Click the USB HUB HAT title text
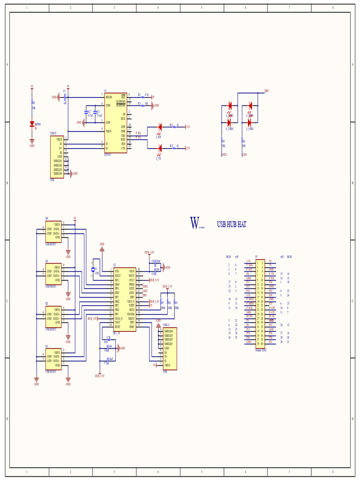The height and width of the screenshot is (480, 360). tap(232, 225)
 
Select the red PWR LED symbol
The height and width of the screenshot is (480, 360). tap(32, 124)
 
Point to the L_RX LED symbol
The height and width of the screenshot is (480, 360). tap(159, 127)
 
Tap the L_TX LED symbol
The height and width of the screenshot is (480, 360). tap(159, 148)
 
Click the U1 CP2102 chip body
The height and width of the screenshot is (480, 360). tap(115, 122)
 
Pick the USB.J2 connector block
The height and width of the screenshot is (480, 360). tap(57, 157)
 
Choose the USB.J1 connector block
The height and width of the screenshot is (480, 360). tap(170, 348)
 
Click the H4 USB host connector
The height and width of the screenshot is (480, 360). tap(53, 231)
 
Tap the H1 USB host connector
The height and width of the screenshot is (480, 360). tap(53, 359)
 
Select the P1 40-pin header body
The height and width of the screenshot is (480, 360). tap(260, 303)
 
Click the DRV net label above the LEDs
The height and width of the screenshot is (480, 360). tap(266, 91)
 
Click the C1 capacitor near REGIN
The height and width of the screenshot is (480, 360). tap(64, 97)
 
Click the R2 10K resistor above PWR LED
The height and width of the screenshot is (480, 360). tap(32, 102)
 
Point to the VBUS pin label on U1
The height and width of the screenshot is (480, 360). tap(109, 132)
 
